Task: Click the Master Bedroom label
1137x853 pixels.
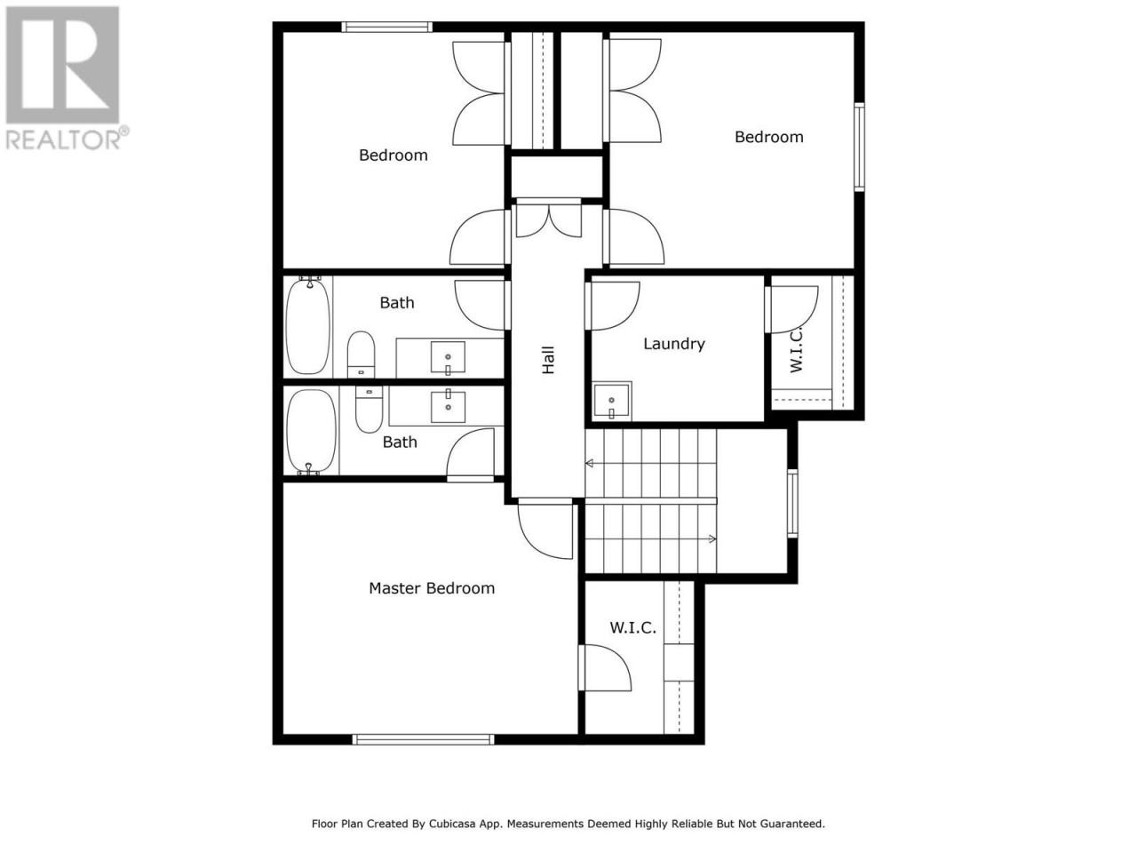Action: [x=432, y=588]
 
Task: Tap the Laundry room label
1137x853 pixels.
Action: [x=674, y=344]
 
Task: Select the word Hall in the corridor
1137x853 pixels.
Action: [x=547, y=360]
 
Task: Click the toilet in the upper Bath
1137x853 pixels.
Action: [x=361, y=355]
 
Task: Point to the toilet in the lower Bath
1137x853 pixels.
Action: [x=369, y=410]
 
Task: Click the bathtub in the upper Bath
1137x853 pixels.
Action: [x=308, y=325]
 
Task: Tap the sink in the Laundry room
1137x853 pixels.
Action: [x=612, y=401]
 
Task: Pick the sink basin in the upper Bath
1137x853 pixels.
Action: [x=448, y=357]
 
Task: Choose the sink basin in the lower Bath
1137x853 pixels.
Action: [x=448, y=407]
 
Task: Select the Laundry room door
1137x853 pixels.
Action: [x=613, y=306]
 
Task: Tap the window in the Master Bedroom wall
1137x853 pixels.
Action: [x=423, y=739]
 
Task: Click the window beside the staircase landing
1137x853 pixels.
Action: [x=792, y=504]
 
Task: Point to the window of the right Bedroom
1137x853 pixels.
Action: [x=859, y=147]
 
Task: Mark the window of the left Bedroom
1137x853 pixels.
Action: [x=387, y=27]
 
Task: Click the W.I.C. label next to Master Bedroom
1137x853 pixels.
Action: [x=633, y=627]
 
